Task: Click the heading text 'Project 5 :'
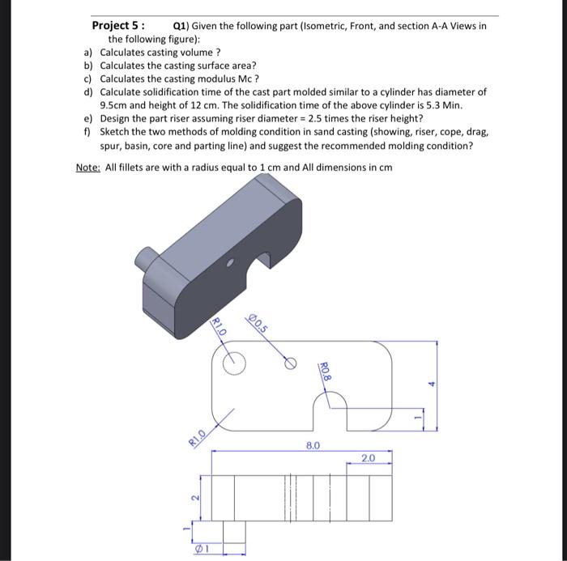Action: (118, 26)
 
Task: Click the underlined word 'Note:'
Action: (88, 168)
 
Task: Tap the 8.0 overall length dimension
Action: (313, 445)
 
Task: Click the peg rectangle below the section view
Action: (234, 531)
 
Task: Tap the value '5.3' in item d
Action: (449, 105)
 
